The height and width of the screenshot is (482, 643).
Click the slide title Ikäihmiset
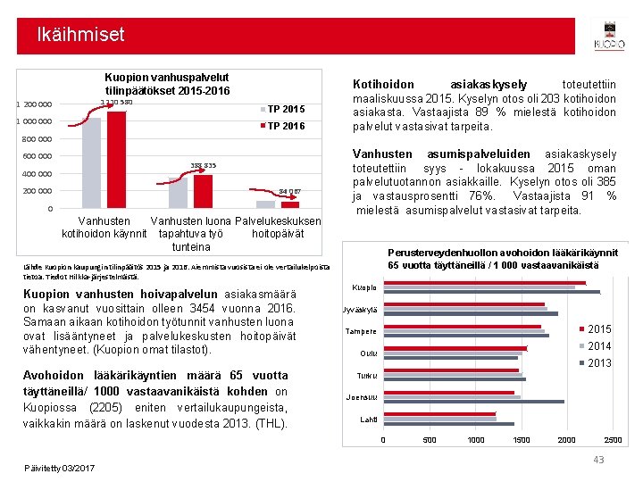tap(80, 35)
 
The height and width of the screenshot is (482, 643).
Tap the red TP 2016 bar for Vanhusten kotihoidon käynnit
tap(116, 159)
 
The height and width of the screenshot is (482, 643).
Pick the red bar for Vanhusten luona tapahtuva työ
tap(204, 191)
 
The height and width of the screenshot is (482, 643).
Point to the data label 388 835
tap(204, 165)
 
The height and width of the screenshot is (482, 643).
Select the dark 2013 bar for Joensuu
tap(474, 402)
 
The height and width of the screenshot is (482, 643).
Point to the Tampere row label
tap(361, 331)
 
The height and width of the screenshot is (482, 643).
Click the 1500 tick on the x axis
tap(521, 439)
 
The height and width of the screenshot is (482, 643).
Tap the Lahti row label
tap(368, 419)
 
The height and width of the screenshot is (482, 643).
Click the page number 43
tap(598, 459)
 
